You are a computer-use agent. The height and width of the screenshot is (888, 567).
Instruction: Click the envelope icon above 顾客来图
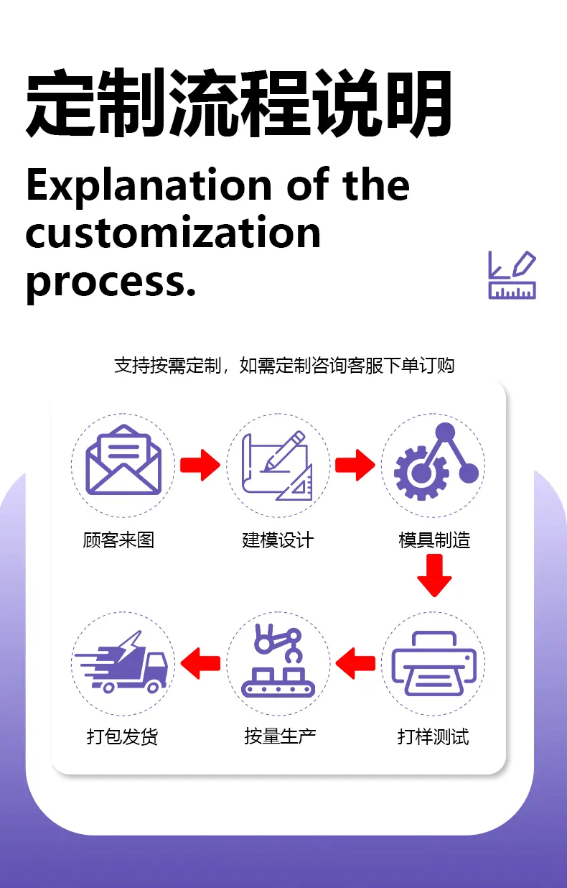123,460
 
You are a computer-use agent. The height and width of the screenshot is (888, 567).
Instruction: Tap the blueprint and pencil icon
277,466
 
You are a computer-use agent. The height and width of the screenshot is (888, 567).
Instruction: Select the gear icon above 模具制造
436,461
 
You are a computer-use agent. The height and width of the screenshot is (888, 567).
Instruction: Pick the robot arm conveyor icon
278,661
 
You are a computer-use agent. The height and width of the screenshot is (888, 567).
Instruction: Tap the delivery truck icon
121,662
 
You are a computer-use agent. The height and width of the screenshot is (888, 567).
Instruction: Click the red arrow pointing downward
434,575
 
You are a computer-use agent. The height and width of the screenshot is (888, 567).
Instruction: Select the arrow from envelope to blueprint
200,465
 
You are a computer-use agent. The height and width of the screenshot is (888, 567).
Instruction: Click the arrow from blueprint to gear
355,465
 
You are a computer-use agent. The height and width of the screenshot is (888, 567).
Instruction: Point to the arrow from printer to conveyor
355,663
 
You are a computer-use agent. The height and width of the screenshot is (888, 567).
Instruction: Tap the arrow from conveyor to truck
200,663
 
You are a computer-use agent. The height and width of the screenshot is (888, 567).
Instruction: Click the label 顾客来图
118,540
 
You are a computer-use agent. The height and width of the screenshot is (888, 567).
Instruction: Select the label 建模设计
278,540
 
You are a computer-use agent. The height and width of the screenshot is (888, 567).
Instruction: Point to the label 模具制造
434,540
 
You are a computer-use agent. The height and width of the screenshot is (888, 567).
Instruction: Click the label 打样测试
434,737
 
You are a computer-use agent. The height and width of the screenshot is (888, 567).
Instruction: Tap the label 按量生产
280,736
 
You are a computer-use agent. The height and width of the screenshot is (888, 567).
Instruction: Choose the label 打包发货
122,737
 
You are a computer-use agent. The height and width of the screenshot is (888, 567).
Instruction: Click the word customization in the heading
173,232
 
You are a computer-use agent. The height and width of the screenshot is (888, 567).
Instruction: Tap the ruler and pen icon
512,274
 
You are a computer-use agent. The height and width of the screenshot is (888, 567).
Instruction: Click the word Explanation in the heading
149,186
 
